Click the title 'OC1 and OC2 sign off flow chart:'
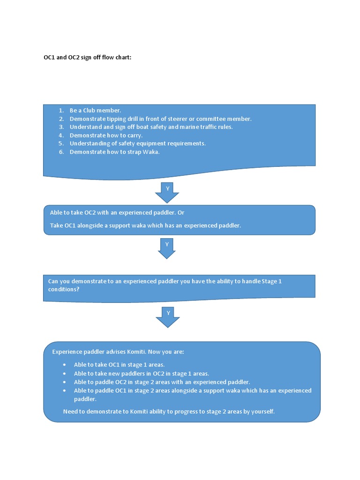click(88, 58)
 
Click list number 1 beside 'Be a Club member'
click(61, 111)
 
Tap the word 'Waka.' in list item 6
click(151, 152)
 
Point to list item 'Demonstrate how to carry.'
click(106, 135)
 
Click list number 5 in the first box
click(61, 143)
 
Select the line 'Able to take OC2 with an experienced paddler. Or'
click(117, 213)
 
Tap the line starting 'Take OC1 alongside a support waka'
click(145, 225)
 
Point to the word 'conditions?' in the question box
click(64, 289)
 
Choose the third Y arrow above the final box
click(167, 316)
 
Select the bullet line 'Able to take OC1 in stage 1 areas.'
click(119, 365)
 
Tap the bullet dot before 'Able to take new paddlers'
click(64, 374)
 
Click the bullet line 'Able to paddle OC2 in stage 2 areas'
click(162, 382)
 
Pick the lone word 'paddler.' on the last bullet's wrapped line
click(85, 399)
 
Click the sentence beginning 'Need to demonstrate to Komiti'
click(169, 412)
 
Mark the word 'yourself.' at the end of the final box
click(262, 412)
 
